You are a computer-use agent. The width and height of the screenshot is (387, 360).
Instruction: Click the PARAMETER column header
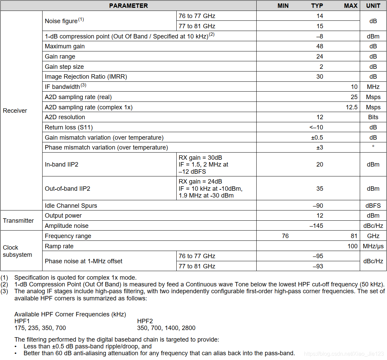tap(128, 6)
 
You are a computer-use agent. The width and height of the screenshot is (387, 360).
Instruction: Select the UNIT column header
tap(373, 6)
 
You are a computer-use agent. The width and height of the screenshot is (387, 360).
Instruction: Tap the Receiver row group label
tap(15, 111)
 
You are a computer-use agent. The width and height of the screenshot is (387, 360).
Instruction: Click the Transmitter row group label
tap(18, 221)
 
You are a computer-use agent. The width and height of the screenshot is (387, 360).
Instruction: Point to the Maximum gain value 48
tap(320, 46)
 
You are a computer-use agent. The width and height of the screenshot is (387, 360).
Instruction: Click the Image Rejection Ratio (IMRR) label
tap(86, 77)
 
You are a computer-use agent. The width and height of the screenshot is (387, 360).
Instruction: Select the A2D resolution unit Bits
tap(373, 117)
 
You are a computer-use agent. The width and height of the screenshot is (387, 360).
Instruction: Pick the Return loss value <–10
tap(316, 127)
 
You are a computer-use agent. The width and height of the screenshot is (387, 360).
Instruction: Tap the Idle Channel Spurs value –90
tap(318, 206)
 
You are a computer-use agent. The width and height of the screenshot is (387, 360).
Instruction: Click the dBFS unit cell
tap(373, 206)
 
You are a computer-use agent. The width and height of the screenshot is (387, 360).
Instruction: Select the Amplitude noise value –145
tap(316, 226)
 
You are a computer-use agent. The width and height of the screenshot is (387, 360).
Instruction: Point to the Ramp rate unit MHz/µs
tap(373, 246)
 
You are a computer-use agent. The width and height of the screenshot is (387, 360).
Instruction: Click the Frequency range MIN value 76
tap(285, 236)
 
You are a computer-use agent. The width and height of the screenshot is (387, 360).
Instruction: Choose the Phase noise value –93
tap(318, 266)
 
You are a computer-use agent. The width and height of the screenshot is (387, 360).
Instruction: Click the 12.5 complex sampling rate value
tap(352, 107)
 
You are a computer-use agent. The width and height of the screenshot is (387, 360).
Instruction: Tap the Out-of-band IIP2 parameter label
tap(67, 189)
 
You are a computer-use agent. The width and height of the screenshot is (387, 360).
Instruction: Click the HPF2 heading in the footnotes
tap(145, 321)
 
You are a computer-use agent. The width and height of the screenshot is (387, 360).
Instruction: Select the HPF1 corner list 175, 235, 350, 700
tap(40, 328)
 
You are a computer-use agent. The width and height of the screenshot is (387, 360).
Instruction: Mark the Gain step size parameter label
tap(64, 67)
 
